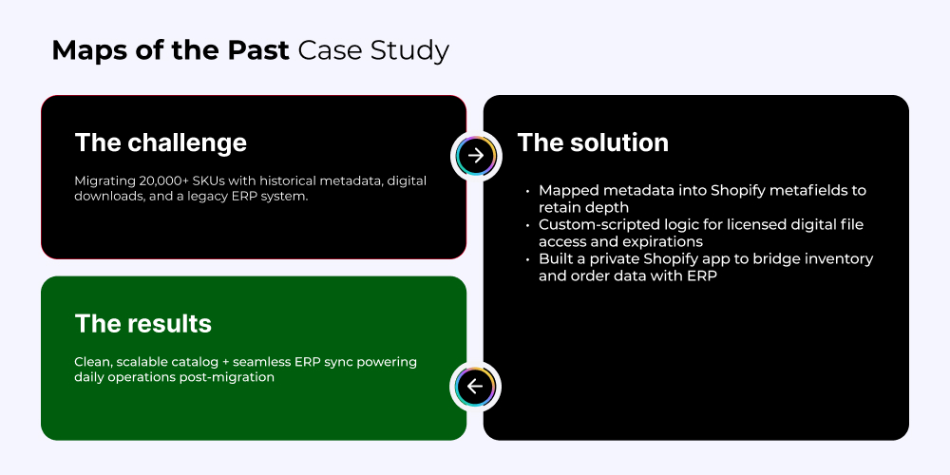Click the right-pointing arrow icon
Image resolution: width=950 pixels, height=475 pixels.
coord(476,156)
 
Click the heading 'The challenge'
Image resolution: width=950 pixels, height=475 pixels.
coord(161,143)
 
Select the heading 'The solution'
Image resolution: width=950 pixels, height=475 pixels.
coord(593,142)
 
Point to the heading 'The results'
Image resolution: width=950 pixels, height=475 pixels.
coord(143,324)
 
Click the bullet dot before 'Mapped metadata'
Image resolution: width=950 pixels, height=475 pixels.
coord(527,191)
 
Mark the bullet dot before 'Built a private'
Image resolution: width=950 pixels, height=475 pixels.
coord(527,259)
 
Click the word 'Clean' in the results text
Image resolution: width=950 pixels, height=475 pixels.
coord(93,362)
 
